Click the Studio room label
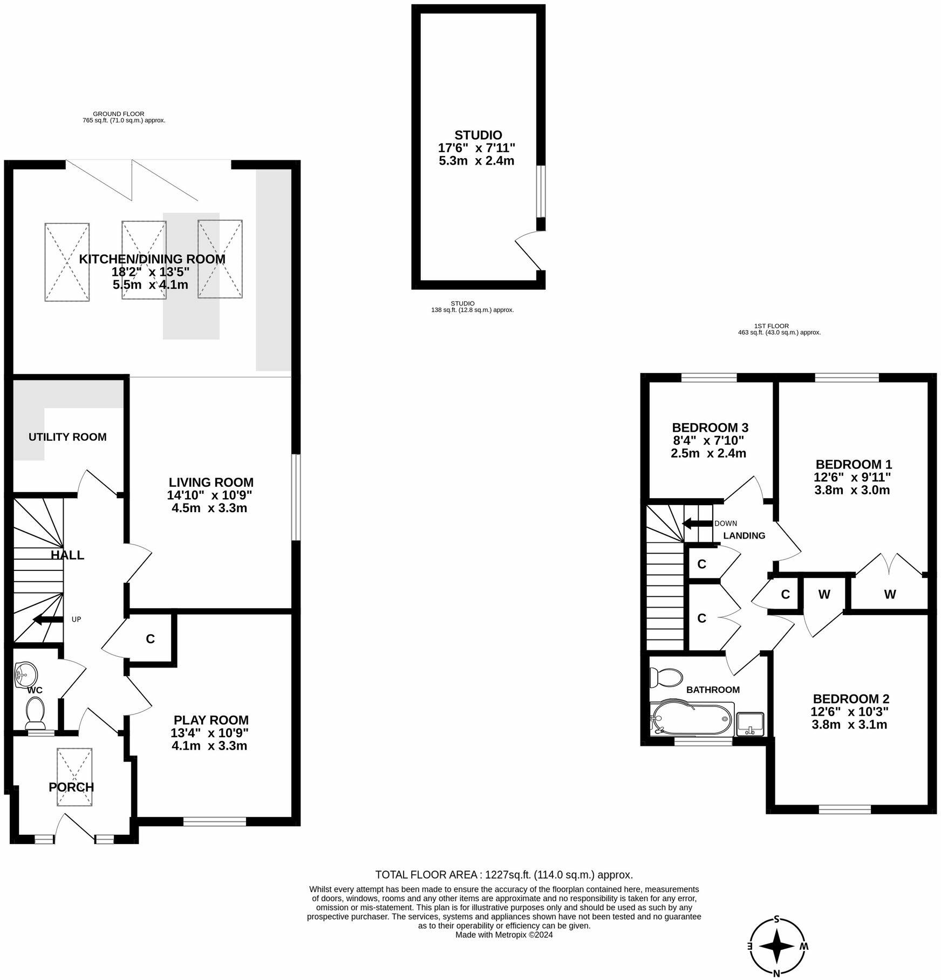coord(478,135)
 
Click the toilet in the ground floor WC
coord(36,711)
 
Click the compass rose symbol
coord(777,946)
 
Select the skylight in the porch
coord(74,777)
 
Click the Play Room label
coord(211,720)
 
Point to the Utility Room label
coord(67,437)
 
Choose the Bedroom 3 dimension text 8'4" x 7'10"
coord(708,440)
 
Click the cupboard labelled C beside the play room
coord(151,639)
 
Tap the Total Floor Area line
coord(504,875)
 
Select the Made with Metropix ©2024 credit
coord(504,935)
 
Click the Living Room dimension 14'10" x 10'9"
coord(209,495)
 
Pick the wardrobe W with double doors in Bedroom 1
coord(889,594)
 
